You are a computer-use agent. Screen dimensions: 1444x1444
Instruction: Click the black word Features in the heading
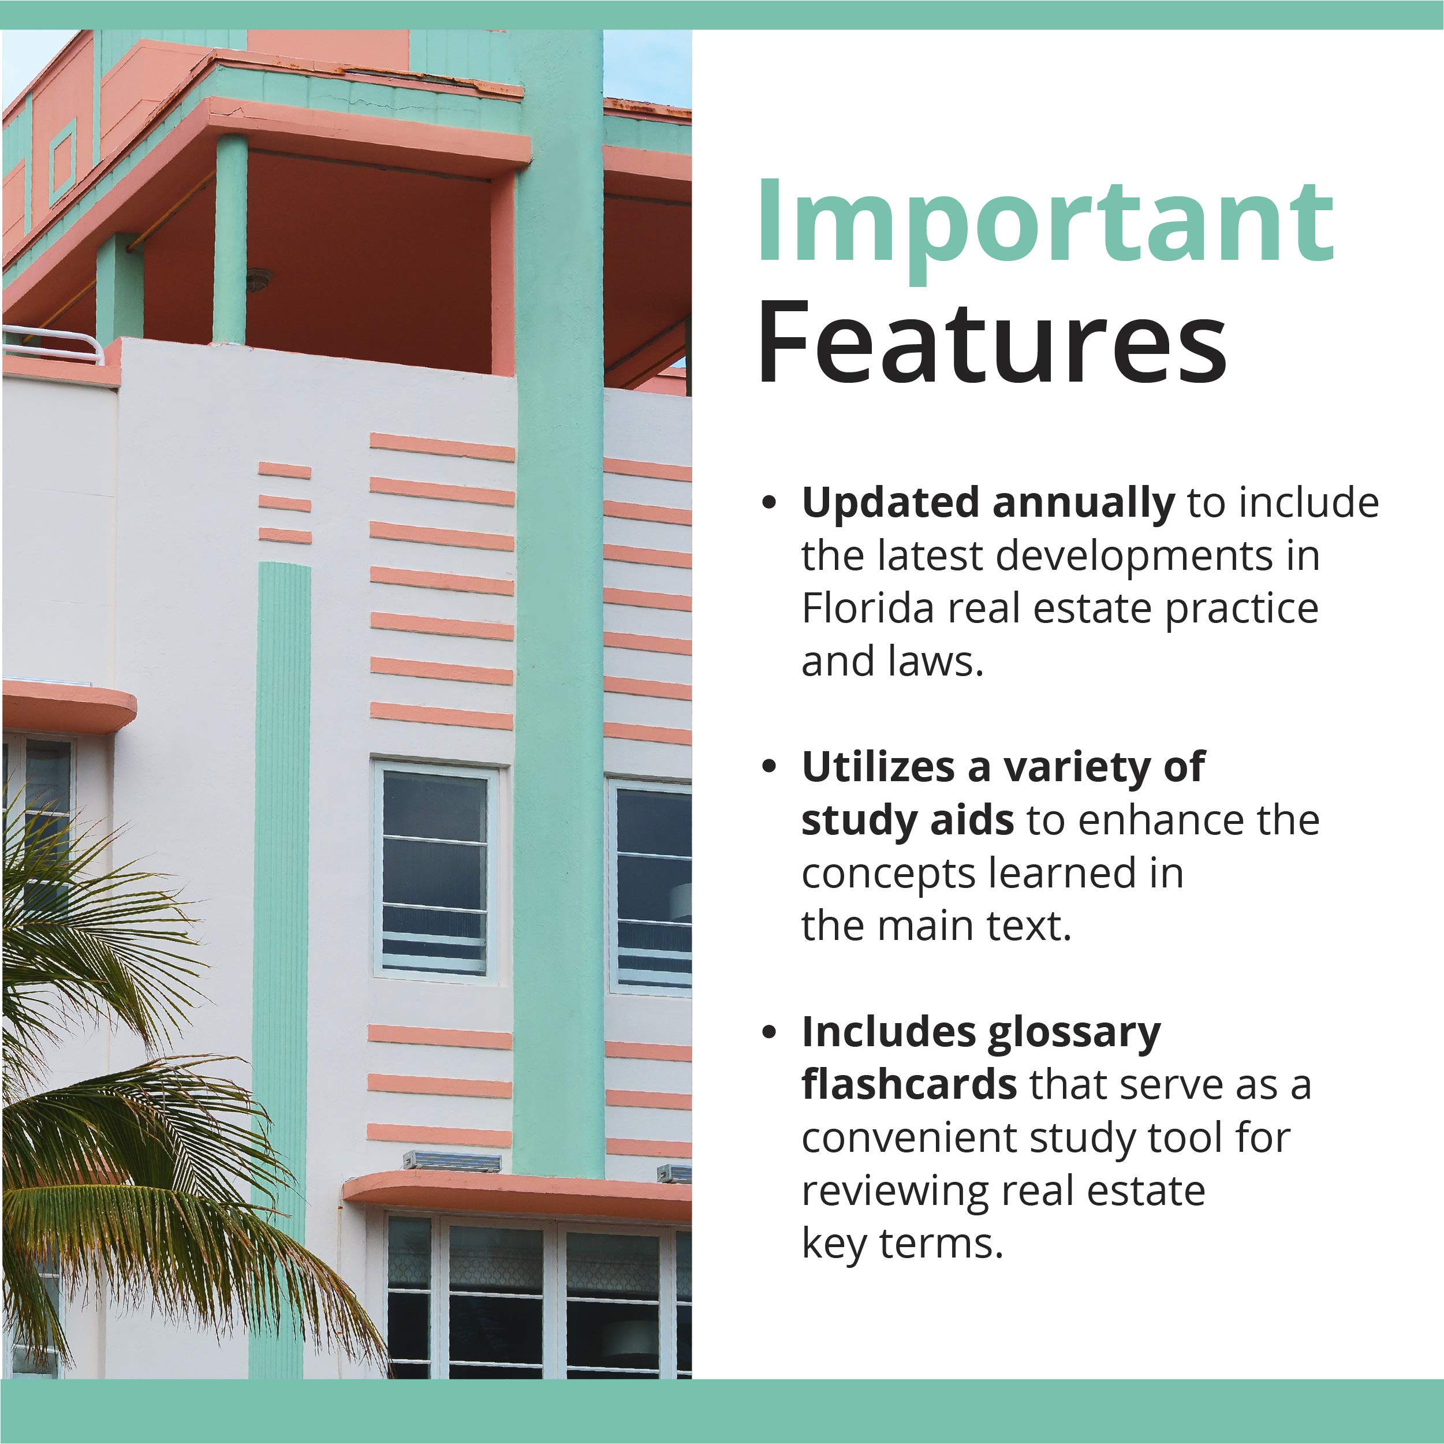pos(992,342)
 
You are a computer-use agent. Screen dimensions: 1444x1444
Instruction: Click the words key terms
pos(901,1244)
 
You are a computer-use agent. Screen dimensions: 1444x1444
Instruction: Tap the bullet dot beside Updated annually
pos(769,503)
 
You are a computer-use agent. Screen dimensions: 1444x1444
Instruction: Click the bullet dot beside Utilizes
pos(769,767)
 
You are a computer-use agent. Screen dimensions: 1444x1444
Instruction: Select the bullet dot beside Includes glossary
pos(769,1033)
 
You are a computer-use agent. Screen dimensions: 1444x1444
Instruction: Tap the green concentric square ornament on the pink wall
pos(63,162)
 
